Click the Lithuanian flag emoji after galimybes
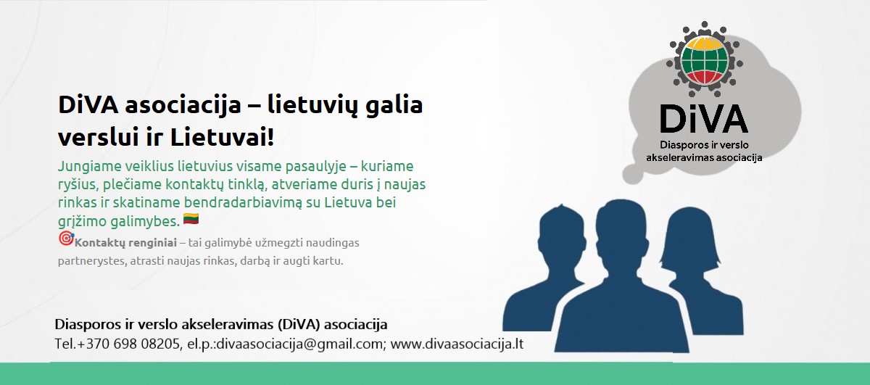click(x=191, y=219)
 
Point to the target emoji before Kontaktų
click(x=65, y=239)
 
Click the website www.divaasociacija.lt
click(x=457, y=343)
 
